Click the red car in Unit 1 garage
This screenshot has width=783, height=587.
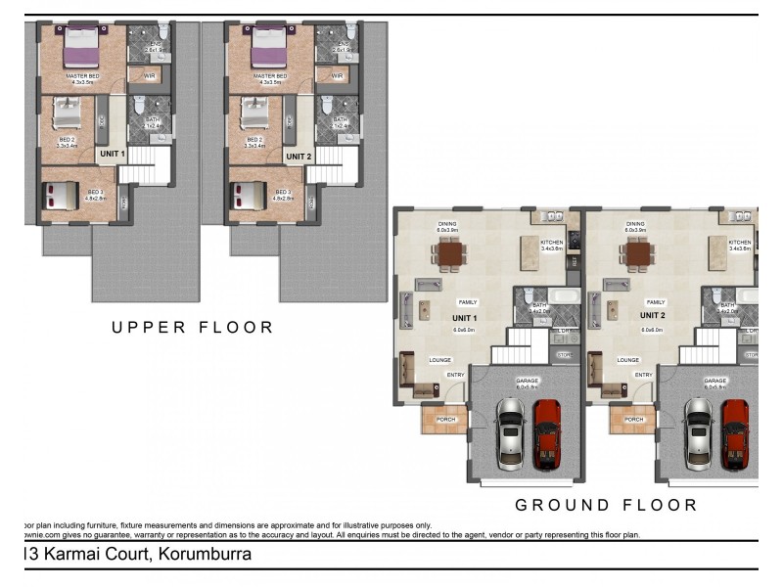tap(548, 432)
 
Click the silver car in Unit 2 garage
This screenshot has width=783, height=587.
tap(698, 432)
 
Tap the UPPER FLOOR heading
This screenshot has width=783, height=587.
tap(192, 327)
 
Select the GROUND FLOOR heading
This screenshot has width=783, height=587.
tap(607, 505)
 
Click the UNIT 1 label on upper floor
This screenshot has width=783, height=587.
tap(111, 156)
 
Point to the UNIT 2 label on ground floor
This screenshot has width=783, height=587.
tap(653, 316)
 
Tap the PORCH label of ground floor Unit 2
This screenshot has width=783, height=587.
tap(633, 420)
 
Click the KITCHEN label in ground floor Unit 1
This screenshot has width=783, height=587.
tap(552, 242)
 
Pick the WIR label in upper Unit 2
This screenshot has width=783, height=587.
tap(338, 75)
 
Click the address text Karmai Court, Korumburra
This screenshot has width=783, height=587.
tap(137, 555)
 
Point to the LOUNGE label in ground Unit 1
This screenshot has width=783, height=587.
tap(439, 360)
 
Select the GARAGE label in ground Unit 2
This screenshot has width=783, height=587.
tap(715, 381)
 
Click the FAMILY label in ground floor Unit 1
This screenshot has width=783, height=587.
tap(468, 302)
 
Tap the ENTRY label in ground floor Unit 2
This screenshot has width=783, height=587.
tap(643, 375)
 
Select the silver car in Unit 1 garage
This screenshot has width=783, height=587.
tap(509, 432)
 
